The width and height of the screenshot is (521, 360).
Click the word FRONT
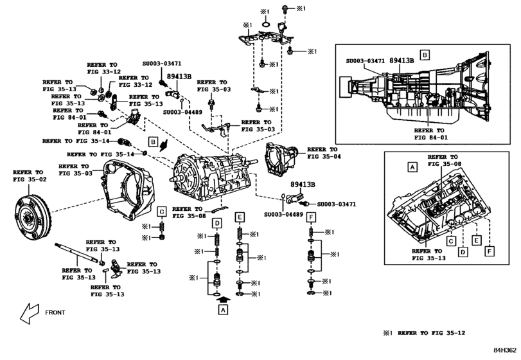point(55,312)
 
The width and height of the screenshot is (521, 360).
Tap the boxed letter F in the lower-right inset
point(490,249)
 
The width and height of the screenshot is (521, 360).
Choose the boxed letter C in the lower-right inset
point(451,240)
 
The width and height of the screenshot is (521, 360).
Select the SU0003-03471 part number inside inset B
point(365,60)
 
